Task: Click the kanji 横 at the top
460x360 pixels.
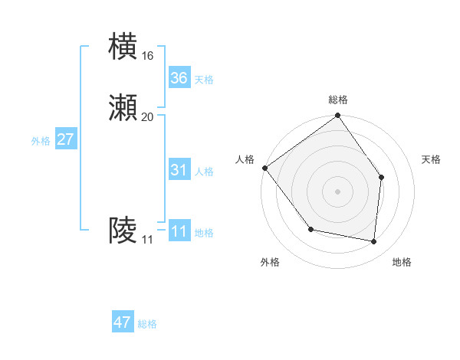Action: click(x=123, y=46)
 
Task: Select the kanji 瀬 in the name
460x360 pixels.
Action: click(x=123, y=108)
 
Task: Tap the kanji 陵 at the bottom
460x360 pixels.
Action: click(x=123, y=231)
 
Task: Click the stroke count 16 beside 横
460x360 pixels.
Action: click(x=147, y=56)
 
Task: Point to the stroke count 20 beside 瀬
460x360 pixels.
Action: click(x=147, y=117)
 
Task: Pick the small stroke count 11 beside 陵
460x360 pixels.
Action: click(x=147, y=240)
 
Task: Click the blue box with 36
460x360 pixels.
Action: click(x=179, y=77)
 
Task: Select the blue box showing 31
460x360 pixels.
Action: click(x=179, y=170)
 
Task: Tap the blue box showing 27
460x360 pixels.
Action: click(x=66, y=139)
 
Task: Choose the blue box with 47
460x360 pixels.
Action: click(x=123, y=322)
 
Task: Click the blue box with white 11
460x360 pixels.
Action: click(x=179, y=231)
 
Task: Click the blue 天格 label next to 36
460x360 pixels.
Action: click(x=204, y=79)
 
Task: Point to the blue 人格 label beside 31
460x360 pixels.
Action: click(x=204, y=172)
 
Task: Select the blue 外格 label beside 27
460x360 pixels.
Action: click(x=41, y=141)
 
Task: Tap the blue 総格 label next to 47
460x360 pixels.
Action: click(x=147, y=324)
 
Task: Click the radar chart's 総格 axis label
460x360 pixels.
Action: click(x=338, y=100)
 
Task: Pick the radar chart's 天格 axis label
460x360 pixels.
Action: click(x=432, y=159)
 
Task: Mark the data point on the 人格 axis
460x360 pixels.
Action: click(x=264, y=168)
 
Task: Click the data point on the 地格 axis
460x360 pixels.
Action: click(x=374, y=241)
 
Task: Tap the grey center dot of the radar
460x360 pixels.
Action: click(x=338, y=191)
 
